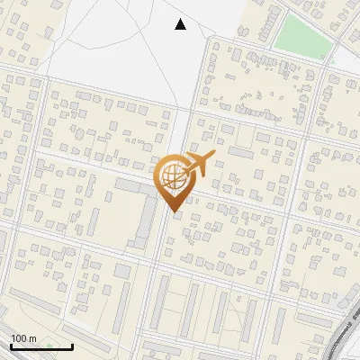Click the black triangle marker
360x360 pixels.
tap(180, 24)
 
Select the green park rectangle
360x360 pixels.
tap(302, 35)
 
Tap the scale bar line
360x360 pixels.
tap(41, 346)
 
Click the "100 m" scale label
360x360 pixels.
tap(23, 338)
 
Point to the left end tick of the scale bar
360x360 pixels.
tap(11, 345)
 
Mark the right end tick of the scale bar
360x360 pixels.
tap(72, 345)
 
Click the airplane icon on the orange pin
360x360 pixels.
tap(197, 165)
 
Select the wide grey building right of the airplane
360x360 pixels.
tap(240, 153)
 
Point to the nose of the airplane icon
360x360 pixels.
tap(212, 157)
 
